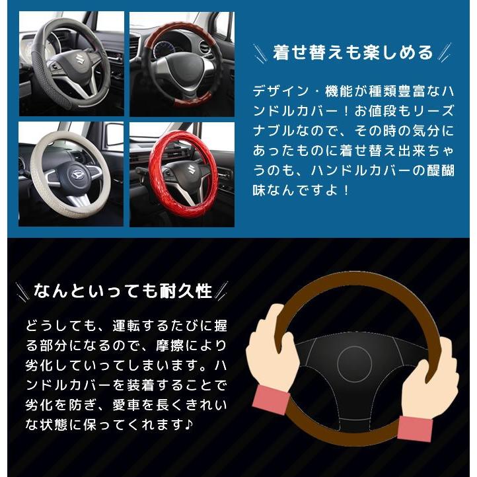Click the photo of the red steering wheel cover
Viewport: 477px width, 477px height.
[x=181, y=174]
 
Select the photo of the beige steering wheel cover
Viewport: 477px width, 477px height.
[x=71, y=174]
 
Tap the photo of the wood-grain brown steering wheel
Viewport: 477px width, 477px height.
[x=181, y=64]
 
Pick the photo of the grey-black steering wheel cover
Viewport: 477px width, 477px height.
[x=71, y=64]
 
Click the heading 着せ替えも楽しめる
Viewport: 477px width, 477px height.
[x=353, y=52]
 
